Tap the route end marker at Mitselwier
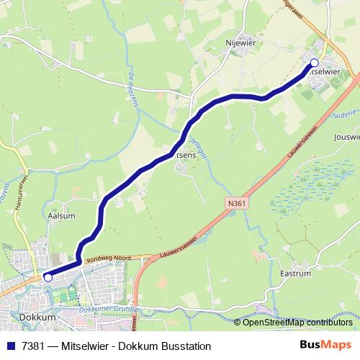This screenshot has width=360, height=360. (314, 63)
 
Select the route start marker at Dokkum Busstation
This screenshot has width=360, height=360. (48, 276)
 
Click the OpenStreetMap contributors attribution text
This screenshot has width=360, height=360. (297, 322)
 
